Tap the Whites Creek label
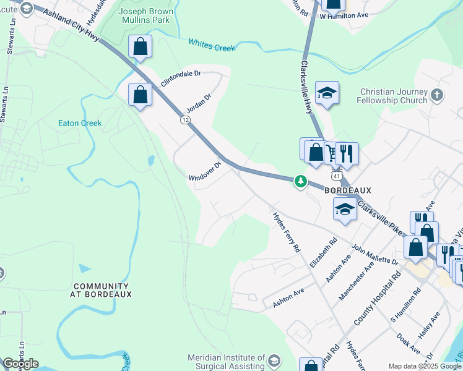tap(212, 45)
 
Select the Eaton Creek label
tap(79, 123)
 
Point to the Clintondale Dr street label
tap(181, 78)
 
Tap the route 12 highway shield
tap(185, 119)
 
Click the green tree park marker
tap(301, 181)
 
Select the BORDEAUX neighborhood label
tap(347, 190)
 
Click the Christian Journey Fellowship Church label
tap(393, 96)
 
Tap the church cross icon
tap(437, 95)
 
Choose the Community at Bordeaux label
tap(102, 290)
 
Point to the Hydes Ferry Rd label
tap(287, 232)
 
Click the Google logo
tap(20, 364)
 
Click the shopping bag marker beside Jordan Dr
tap(141, 95)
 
